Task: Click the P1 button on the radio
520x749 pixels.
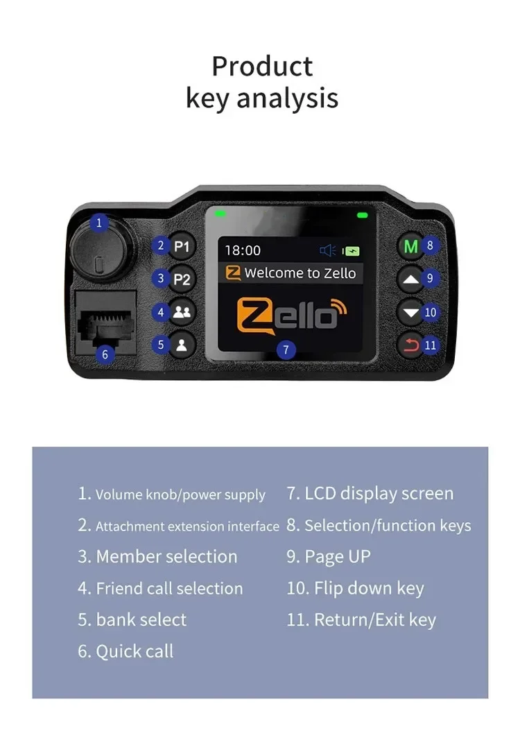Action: click(182, 246)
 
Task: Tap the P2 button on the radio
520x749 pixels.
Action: click(182, 279)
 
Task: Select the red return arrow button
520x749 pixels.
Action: click(412, 345)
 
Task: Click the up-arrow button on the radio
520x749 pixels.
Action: click(412, 279)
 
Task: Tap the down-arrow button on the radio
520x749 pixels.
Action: click(412, 313)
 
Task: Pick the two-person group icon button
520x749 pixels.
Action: click(182, 312)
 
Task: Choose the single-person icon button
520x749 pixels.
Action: click(182, 345)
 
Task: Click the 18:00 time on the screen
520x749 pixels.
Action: click(243, 250)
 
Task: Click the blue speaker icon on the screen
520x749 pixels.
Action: click(327, 251)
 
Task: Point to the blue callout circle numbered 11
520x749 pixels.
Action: click(431, 345)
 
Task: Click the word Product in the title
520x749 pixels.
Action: click(262, 67)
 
